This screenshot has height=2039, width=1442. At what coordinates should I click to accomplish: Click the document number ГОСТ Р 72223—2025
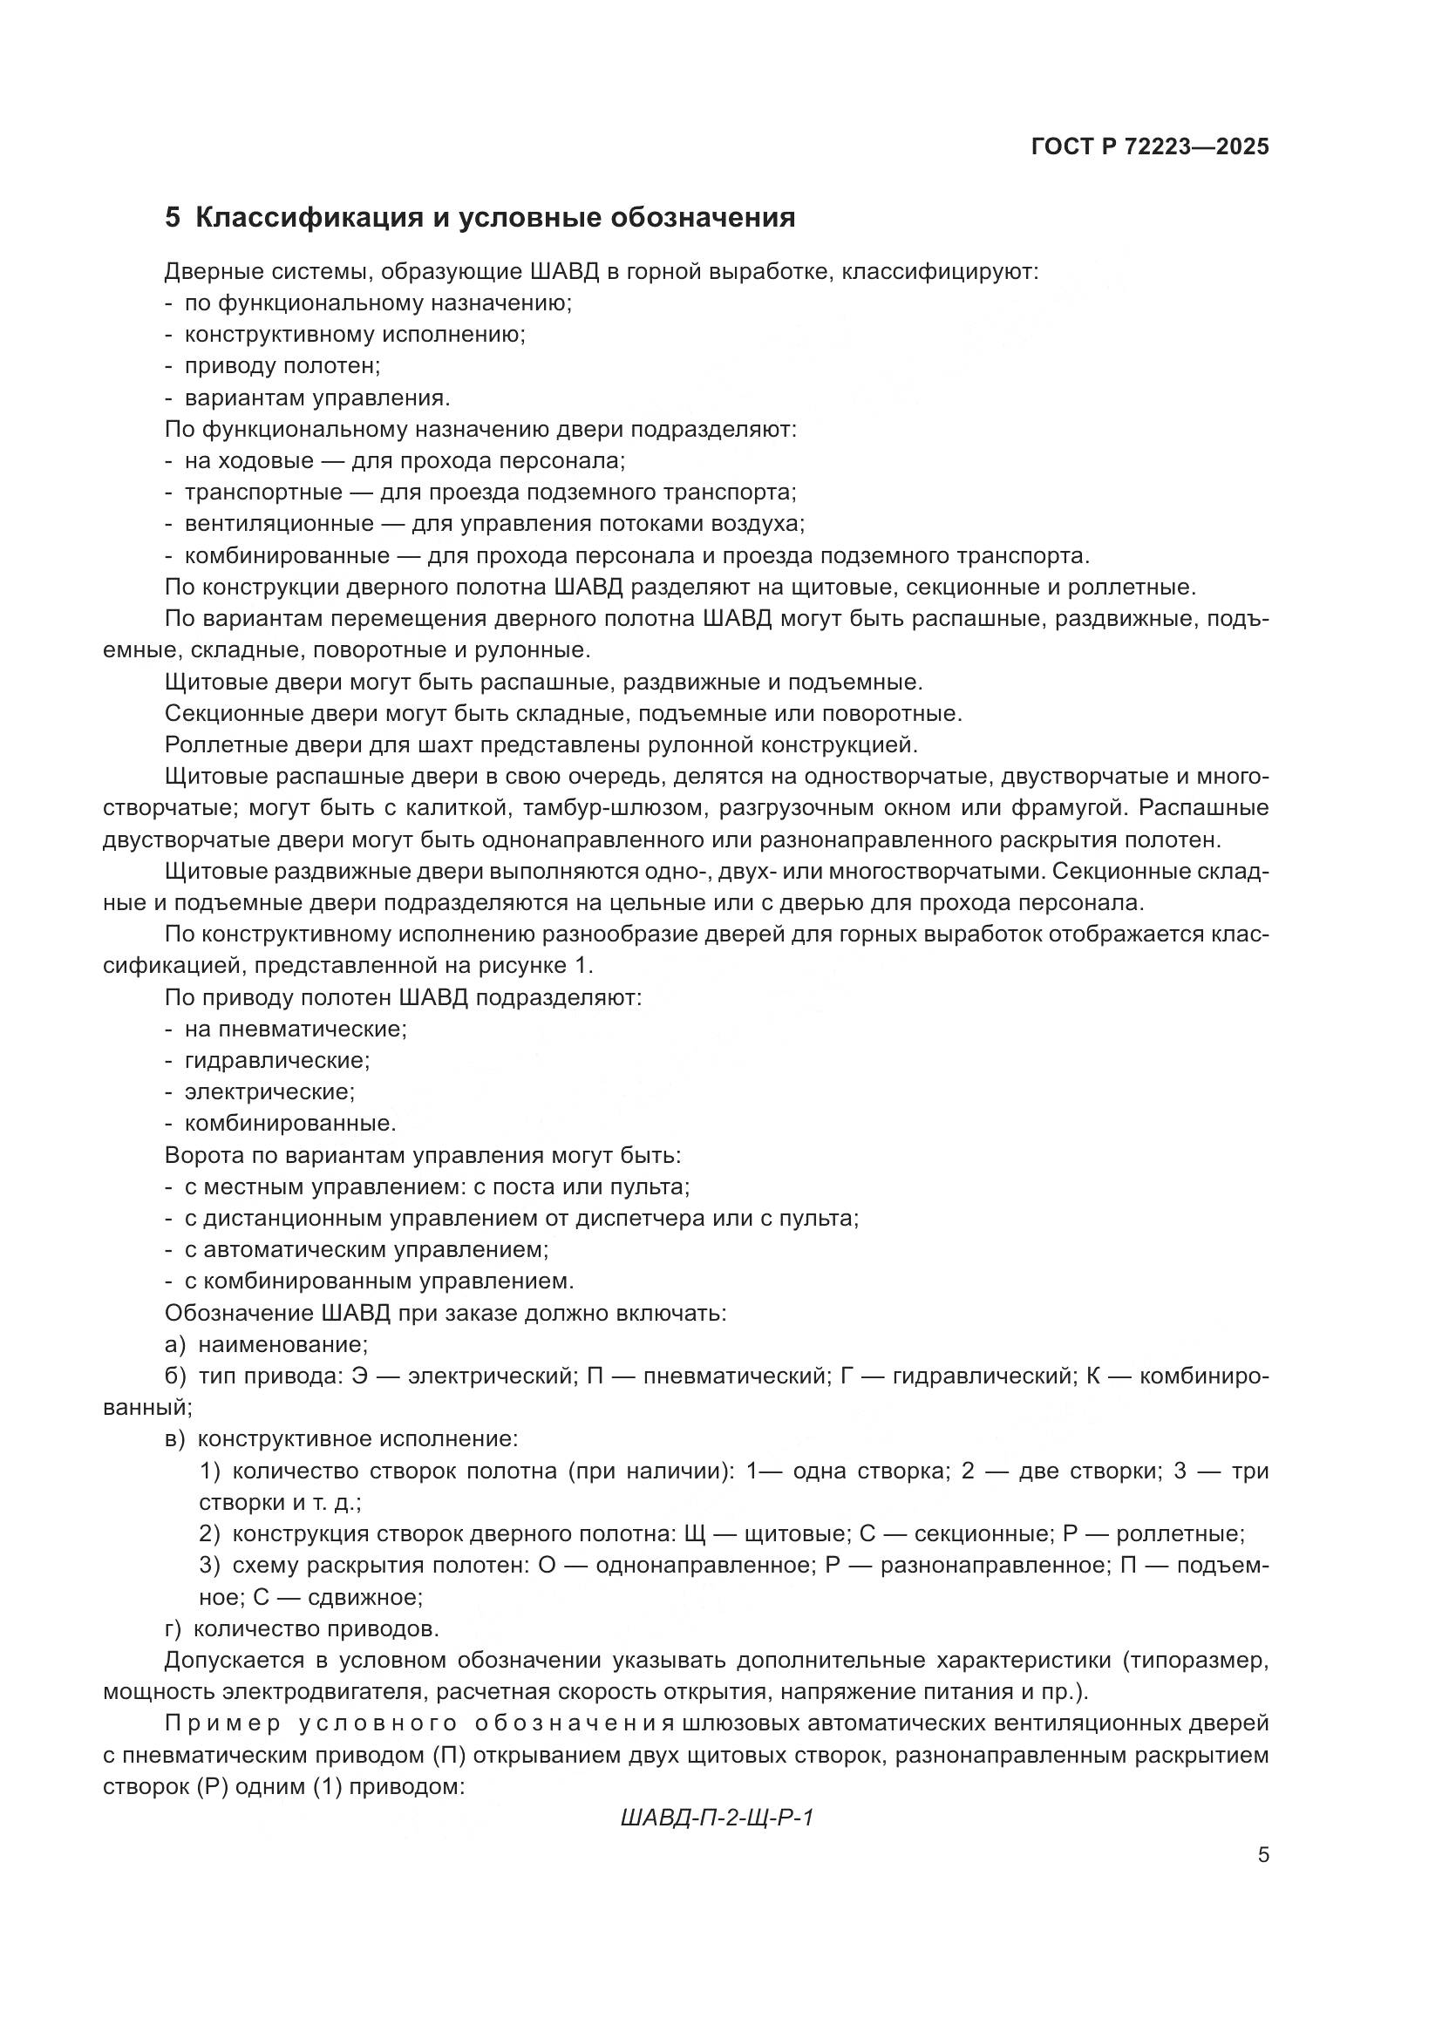(x=1150, y=146)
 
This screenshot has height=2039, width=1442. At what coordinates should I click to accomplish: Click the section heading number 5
(x=173, y=219)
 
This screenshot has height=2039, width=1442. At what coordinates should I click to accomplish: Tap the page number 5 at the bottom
(x=1263, y=1855)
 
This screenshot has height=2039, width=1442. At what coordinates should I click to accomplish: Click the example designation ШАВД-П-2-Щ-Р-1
(x=718, y=1818)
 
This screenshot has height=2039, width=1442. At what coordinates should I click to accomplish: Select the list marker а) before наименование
(x=175, y=1344)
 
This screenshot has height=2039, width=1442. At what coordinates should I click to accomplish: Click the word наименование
(x=283, y=1344)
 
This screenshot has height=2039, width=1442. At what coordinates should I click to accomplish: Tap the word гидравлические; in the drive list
(x=277, y=1060)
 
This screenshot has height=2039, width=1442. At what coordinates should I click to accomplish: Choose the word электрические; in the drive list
(x=270, y=1091)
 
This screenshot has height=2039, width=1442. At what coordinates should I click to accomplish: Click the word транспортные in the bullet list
(x=263, y=492)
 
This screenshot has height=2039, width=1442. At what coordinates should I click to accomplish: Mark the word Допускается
(x=235, y=1660)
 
